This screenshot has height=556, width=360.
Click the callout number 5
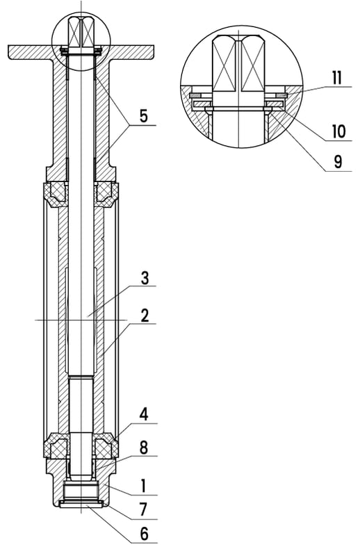tap(143, 116)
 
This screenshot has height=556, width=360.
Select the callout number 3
tap(145, 278)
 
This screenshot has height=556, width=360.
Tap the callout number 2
tap(145, 316)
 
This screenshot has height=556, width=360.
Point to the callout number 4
tap(144, 414)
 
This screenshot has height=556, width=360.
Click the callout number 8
tap(144, 448)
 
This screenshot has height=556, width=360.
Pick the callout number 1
tap(143, 486)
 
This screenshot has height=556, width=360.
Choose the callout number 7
tap(143, 509)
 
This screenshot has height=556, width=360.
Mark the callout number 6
tap(144, 534)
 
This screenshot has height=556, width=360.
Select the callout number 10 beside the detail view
tap(338, 131)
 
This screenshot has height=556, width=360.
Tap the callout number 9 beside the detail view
tap(338, 162)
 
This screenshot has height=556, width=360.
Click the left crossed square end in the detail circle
tap(224, 63)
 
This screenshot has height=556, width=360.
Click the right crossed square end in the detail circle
tap(252, 63)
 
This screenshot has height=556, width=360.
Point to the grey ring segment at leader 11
tap(281, 95)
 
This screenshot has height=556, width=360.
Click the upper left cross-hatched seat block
tap(55, 195)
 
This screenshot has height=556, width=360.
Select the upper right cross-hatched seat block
tap(106, 195)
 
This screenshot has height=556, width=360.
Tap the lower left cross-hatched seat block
tap(55, 445)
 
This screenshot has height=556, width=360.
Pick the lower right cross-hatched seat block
tap(106, 445)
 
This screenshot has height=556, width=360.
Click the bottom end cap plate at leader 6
tap(81, 505)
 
